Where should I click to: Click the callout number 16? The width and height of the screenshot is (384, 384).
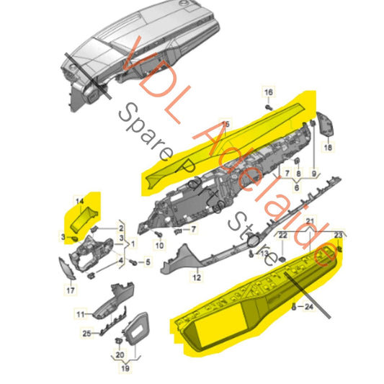coord(268,92)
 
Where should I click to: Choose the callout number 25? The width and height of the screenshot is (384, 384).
coord(86,333)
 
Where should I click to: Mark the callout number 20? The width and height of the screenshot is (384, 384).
coord(119,354)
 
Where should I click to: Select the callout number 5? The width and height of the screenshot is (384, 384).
coord(147,262)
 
